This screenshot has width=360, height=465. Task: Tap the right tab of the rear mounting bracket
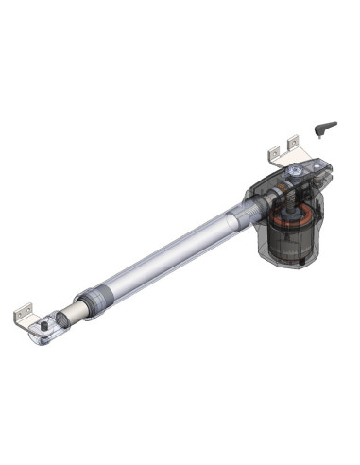(x=294, y=142)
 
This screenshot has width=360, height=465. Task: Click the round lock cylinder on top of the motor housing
(x=295, y=171)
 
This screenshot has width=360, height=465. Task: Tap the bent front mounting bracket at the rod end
(x=26, y=312)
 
